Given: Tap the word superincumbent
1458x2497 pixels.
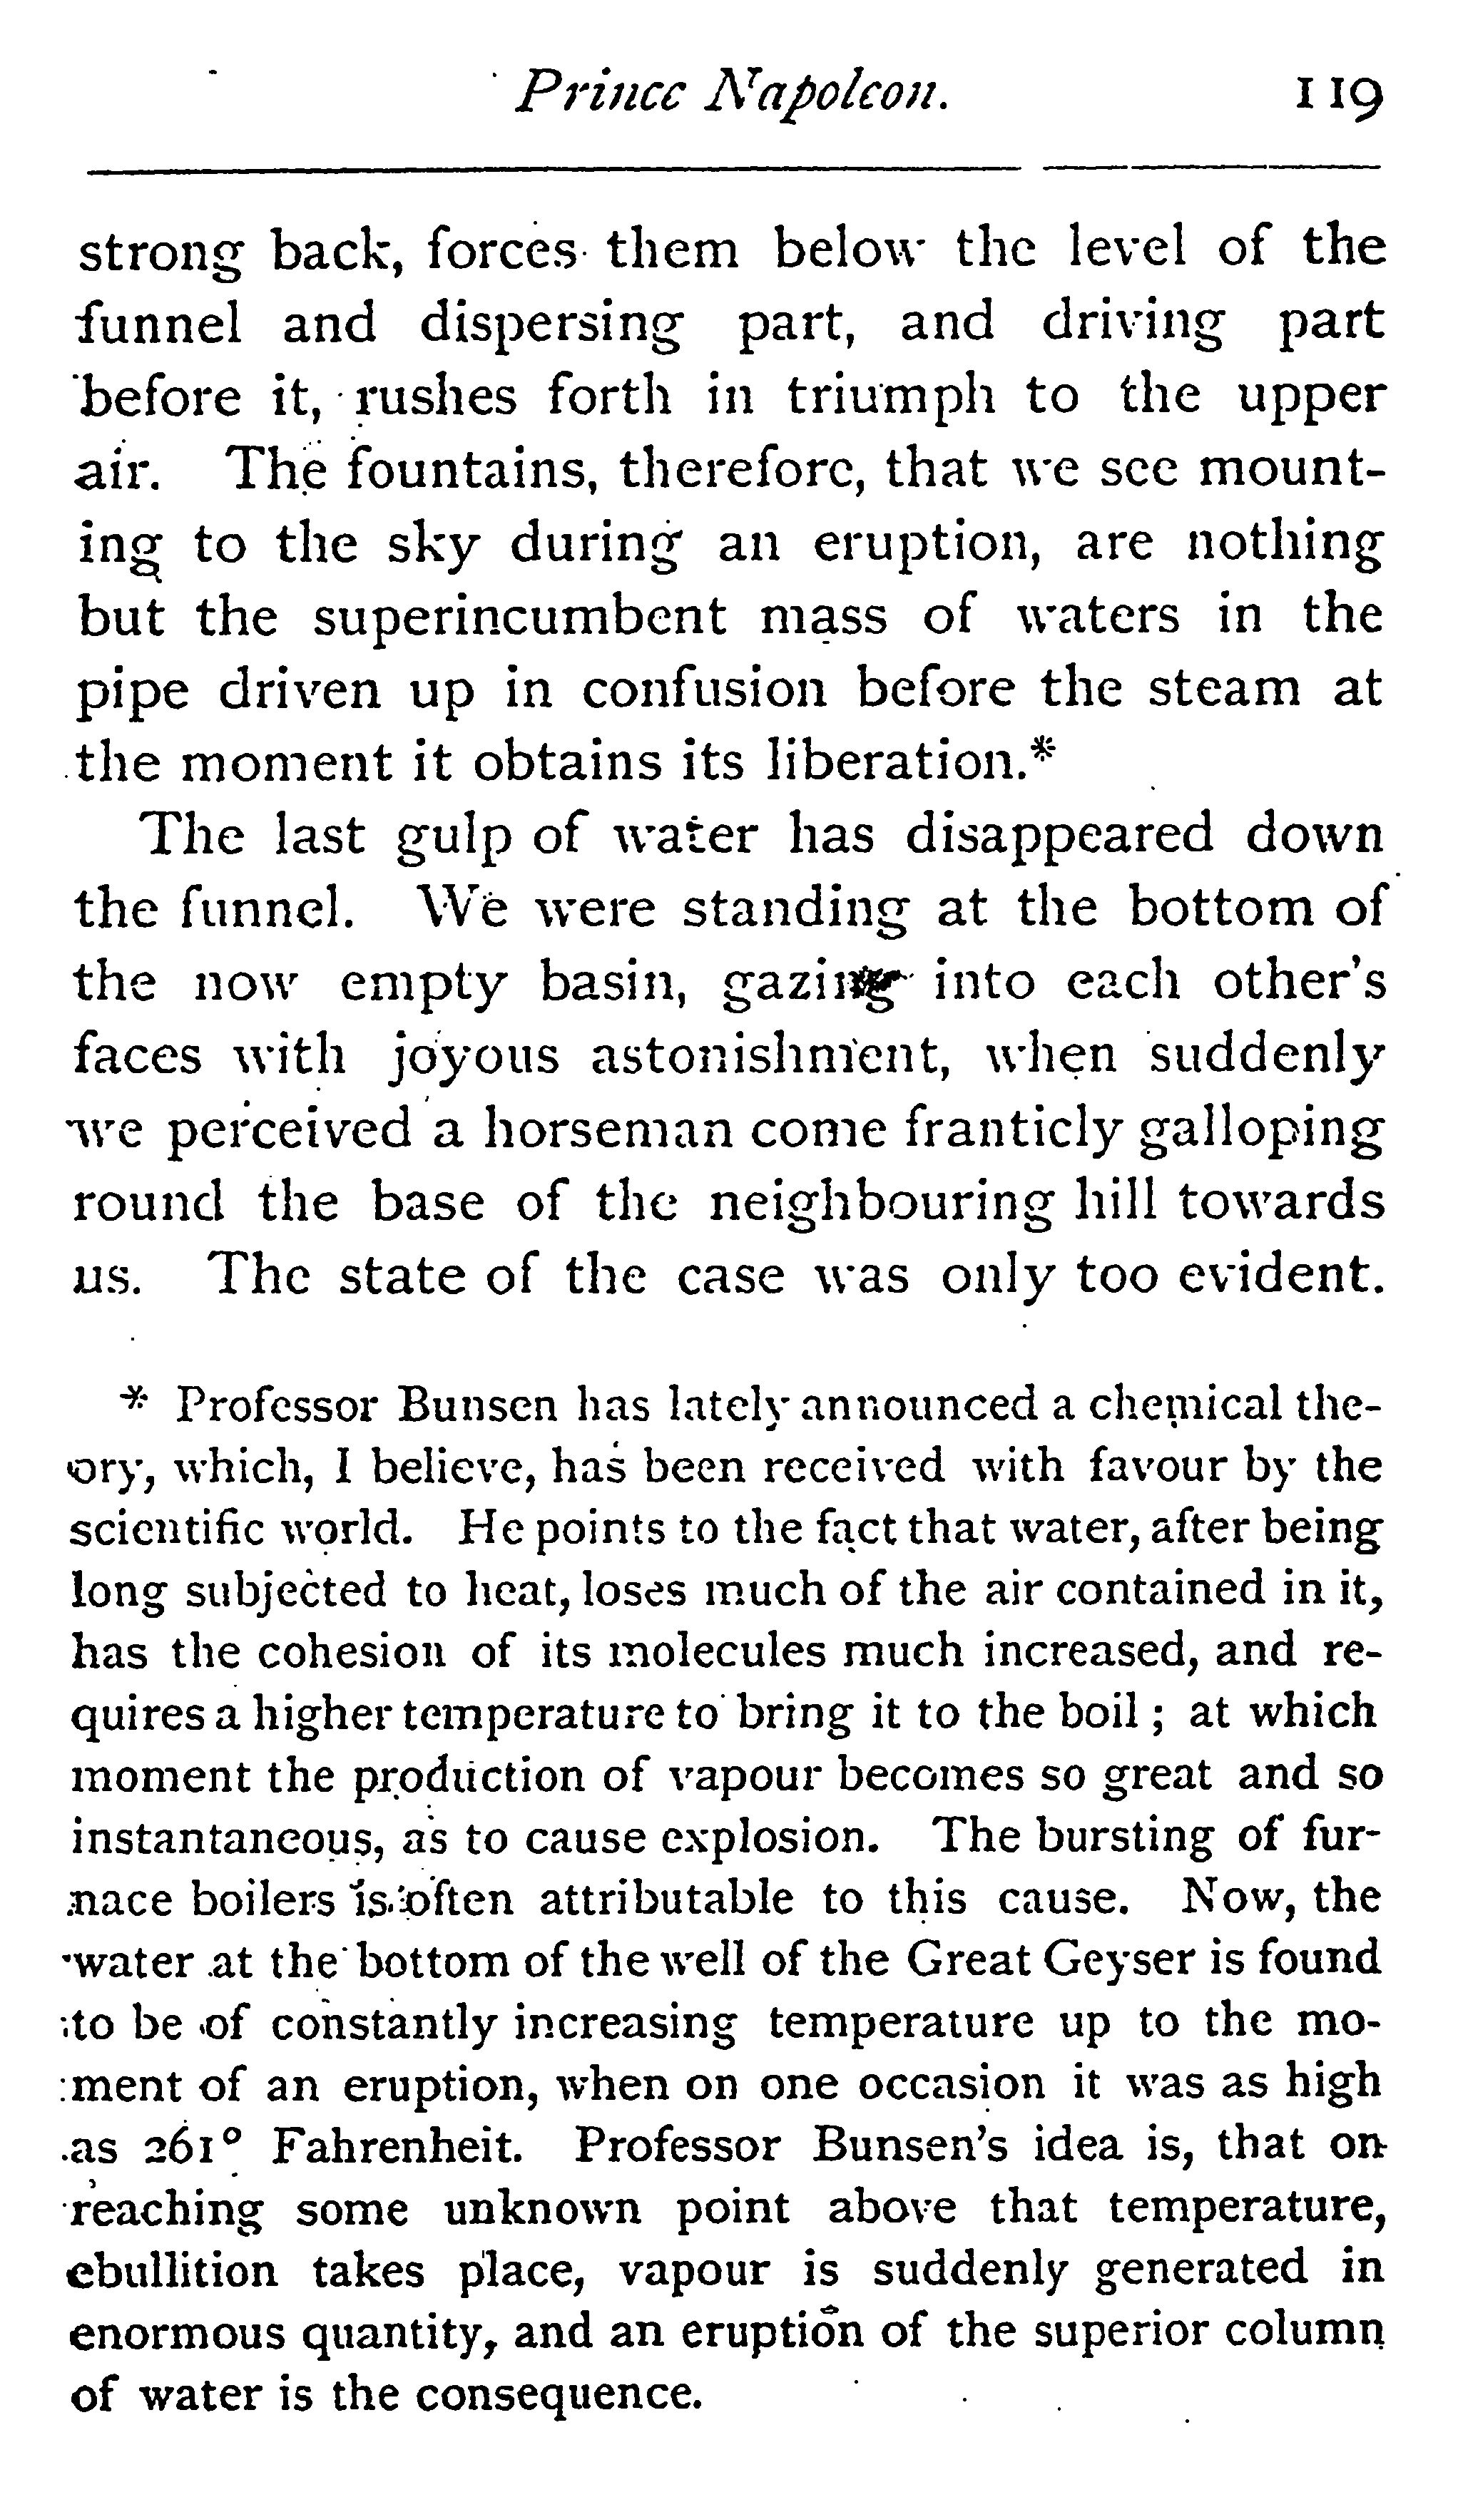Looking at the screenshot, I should pos(521,616).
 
